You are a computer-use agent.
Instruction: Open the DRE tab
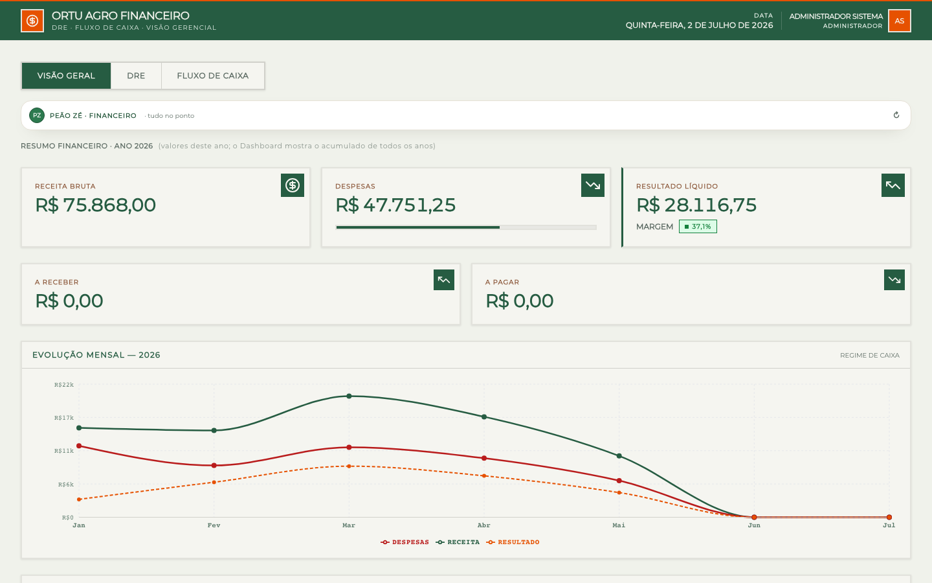click(136, 76)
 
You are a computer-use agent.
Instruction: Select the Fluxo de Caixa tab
click(212, 76)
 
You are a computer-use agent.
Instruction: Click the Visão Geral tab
click(66, 76)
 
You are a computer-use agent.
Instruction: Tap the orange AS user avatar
click(899, 21)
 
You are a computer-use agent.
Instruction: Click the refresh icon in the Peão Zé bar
click(896, 115)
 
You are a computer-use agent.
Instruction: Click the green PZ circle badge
click(37, 115)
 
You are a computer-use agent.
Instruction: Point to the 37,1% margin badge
click(698, 227)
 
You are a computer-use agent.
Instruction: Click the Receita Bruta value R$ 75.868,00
click(95, 205)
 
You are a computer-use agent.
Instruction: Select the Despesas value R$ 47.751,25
click(395, 205)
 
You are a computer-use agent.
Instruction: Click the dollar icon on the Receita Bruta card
click(293, 185)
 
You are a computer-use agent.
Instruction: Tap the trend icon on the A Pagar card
click(894, 280)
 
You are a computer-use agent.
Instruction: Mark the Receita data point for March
click(349, 396)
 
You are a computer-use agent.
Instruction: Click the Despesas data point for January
click(79, 446)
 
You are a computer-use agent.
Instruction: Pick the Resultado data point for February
click(214, 482)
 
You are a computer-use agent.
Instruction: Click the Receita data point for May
click(619, 456)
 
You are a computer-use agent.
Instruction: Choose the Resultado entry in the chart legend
click(513, 542)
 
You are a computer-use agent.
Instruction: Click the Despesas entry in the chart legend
click(405, 542)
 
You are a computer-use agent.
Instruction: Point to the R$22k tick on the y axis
click(63, 385)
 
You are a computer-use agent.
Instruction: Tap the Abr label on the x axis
click(484, 525)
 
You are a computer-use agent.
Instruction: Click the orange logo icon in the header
click(32, 21)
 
